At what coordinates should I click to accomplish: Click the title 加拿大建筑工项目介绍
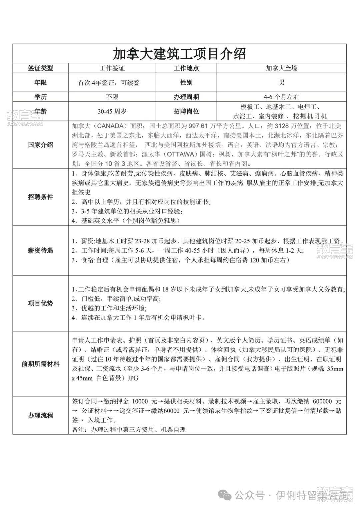coord(180,53)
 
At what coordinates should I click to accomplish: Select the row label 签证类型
coord(40,68)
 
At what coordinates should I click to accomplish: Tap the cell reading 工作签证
coord(112,68)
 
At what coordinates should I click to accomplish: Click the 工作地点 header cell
coord(186,68)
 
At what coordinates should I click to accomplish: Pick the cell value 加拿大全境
coord(281,68)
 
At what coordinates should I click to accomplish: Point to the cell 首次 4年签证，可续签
coord(109,83)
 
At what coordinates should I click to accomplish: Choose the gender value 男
coord(281,82)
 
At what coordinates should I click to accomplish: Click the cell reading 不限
coord(112,97)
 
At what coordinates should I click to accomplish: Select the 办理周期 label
coord(186,97)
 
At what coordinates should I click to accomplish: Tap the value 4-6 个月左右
coord(281,97)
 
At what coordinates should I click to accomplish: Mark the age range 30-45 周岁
coord(112,111)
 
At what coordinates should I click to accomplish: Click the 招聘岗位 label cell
coord(186,111)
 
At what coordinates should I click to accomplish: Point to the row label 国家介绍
coord(40,145)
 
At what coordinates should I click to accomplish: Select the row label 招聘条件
coord(40,197)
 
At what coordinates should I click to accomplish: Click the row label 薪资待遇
coord(40,250)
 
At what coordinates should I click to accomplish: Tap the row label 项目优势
coord(40,303)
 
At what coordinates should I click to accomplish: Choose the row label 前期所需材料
coord(40,364)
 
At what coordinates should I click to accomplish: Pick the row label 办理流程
coord(40,415)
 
